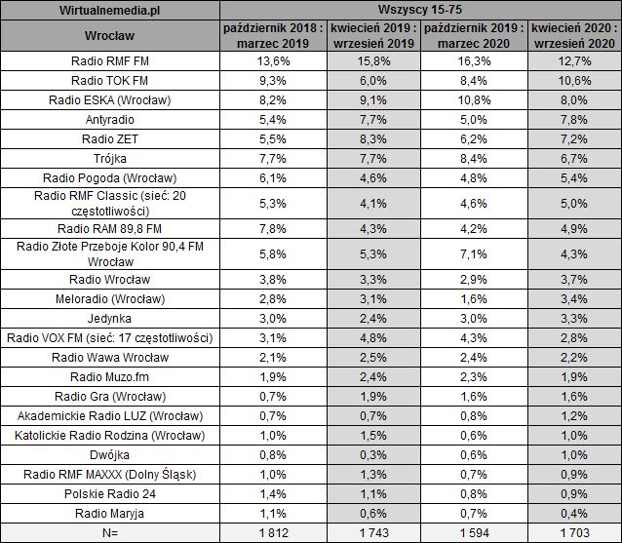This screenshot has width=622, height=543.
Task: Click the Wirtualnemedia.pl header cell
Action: [110, 10]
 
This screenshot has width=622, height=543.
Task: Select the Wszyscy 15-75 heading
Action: [419, 10]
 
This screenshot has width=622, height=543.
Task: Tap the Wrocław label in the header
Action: [110, 38]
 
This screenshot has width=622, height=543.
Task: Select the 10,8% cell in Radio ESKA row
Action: [472, 100]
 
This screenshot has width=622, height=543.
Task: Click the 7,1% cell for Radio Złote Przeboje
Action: [472, 254]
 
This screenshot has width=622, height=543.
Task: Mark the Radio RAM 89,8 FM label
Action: [110, 228]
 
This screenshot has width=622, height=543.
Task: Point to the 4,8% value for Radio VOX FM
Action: [367, 337]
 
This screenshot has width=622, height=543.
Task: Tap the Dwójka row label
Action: [110, 453]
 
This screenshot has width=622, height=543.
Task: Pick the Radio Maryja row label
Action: [110, 513]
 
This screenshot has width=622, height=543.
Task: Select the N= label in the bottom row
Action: [110, 532]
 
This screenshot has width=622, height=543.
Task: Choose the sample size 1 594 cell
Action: [472, 532]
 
